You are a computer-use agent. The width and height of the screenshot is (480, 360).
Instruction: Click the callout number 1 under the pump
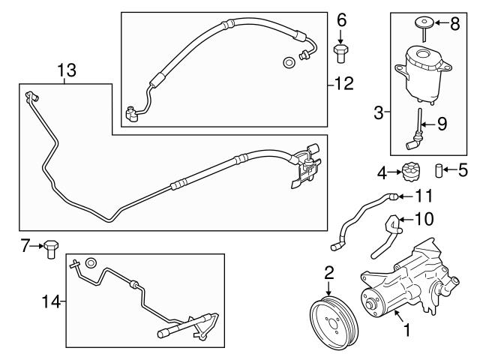coord(407,328)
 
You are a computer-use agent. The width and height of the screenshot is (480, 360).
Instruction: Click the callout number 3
coord(379,113)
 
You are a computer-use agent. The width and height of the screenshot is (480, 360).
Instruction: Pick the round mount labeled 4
coord(411,172)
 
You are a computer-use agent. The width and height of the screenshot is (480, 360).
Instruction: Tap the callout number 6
coord(341,20)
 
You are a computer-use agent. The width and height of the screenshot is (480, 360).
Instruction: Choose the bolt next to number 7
coord(51,248)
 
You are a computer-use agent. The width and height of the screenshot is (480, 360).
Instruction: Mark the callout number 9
coord(442,124)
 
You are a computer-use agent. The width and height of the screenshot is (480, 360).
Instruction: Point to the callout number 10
coord(425,219)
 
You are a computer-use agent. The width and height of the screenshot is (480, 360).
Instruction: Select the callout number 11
coord(424,196)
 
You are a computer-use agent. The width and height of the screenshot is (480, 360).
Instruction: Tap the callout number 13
coord(66,70)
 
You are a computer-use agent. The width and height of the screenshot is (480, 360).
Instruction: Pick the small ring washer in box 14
coord(90,262)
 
